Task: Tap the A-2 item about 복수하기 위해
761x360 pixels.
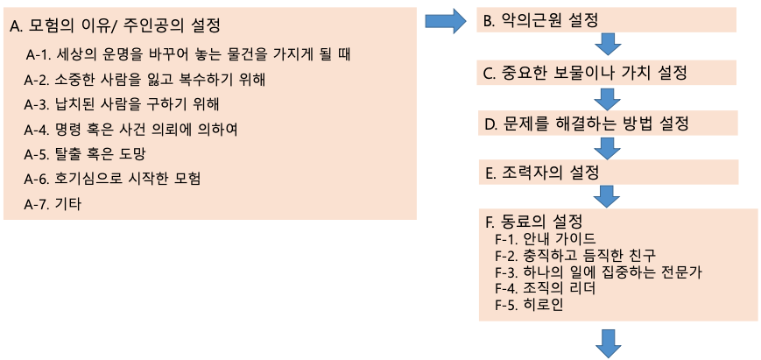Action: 144,81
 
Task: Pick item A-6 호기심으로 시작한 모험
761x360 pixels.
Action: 113,180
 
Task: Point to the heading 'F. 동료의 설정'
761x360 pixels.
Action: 533,221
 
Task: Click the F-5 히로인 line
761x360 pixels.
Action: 529,305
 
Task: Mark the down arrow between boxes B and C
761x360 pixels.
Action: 608,46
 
